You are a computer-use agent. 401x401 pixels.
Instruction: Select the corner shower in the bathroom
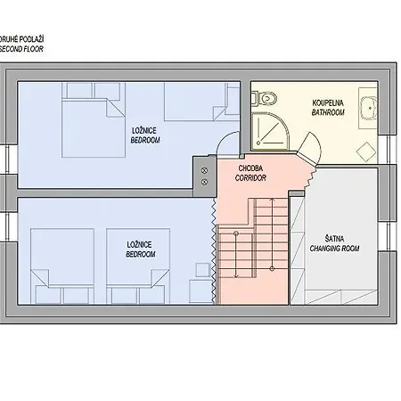270,131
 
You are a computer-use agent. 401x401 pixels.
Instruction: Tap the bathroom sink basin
368,108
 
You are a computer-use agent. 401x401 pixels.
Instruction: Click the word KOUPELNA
328,103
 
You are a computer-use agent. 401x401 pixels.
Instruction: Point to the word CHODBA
250,168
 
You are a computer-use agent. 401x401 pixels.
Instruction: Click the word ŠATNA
334,239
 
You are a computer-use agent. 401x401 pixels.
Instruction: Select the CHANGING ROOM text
334,249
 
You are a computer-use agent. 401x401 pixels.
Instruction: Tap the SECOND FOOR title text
21,49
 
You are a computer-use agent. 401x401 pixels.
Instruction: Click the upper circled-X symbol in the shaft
204,170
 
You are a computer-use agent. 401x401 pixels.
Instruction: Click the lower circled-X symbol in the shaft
204,182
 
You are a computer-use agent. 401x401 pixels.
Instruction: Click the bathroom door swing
311,148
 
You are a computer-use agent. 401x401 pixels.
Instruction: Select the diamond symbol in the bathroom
366,151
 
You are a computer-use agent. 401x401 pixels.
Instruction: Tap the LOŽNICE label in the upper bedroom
144,130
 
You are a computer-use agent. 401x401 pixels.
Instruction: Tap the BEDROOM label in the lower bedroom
141,254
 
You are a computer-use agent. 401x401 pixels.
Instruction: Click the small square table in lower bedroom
203,270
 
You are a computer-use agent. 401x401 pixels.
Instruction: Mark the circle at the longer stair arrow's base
272,268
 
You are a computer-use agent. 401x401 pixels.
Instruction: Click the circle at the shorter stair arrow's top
236,233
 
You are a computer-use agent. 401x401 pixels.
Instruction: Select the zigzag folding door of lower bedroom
214,251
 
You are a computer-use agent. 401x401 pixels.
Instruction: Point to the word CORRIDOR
250,178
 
